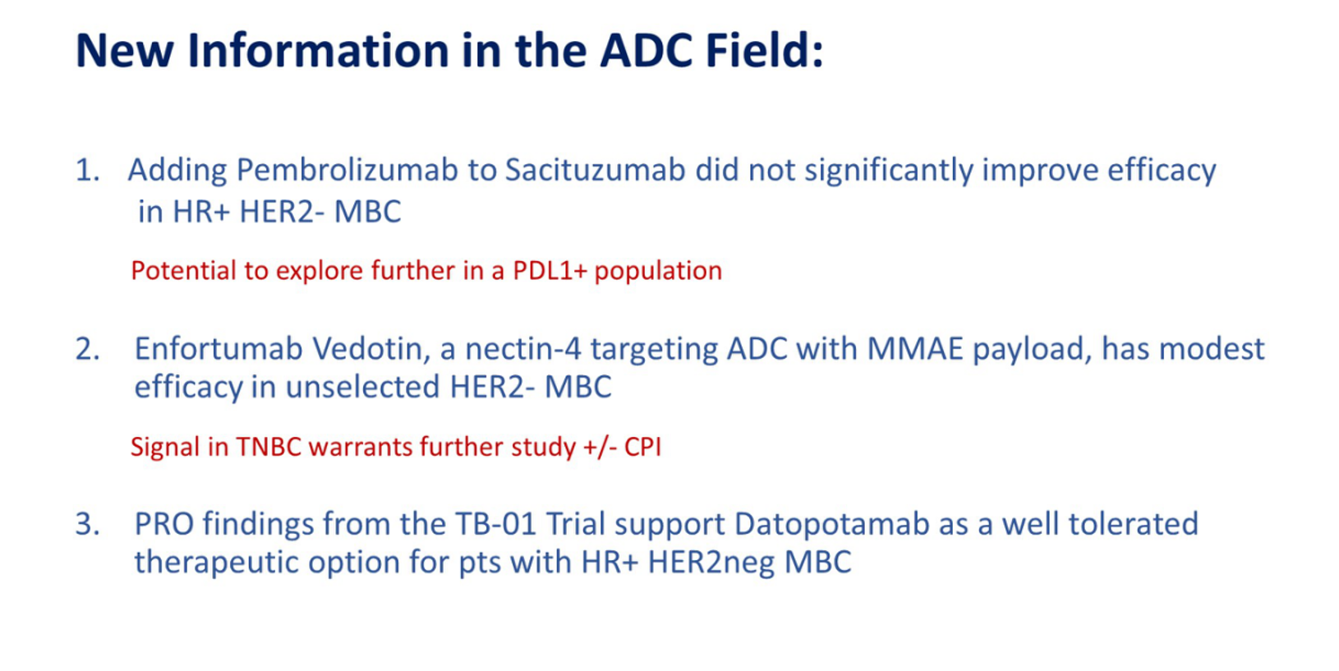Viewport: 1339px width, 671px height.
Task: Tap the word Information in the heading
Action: click(x=318, y=50)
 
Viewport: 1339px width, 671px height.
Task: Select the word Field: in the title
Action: click(x=765, y=50)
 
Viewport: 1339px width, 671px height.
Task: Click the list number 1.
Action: click(x=87, y=170)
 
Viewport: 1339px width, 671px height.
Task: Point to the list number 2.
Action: click(x=87, y=349)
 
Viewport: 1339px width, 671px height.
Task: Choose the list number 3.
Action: click(x=87, y=524)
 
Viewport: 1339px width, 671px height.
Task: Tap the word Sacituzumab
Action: click(x=596, y=170)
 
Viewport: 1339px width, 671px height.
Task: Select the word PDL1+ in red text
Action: click(x=550, y=271)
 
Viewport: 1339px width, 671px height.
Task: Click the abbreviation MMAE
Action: click(x=914, y=348)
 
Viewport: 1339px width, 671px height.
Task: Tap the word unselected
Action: click(x=363, y=387)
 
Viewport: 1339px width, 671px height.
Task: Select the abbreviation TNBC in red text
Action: click(x=269, y=447)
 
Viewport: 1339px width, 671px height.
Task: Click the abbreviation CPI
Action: click(x=642, y=447)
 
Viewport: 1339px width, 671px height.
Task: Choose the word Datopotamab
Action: click(x=831, y=524)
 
